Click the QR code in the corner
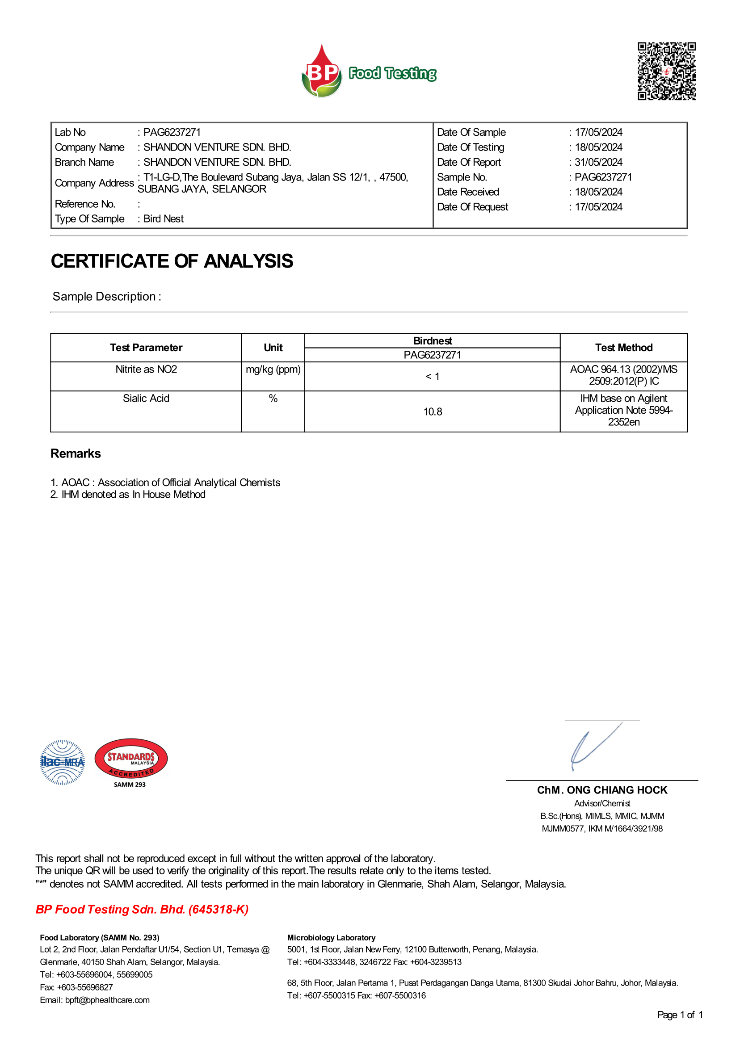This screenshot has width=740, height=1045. (x=666, y=71)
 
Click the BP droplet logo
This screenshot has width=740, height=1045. (x=322, y=72)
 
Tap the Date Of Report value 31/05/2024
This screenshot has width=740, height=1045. (x=598, y=162)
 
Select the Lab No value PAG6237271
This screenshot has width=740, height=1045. (x=172, y=132)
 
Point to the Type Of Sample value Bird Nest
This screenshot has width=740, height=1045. (x=163, y=218)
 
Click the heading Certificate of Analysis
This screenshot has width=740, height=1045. (x=172, y=261)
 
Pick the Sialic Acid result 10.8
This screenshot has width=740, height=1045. (x=433, y=412)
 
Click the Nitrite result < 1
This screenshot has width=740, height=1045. (x=433, y=377)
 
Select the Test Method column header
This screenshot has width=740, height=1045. (x=623, y=348)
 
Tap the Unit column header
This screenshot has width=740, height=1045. (x=273, y=348)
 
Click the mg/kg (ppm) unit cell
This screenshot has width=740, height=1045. (x=273, y=369)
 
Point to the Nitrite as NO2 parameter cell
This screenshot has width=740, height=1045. (x=146, y=369)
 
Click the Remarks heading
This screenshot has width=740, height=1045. (x=76, y=453)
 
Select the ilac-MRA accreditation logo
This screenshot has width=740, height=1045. (x=63, y=762)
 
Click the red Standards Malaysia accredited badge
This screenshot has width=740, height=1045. (x=131, y=760)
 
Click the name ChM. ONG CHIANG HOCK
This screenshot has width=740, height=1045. (x=602, y=790)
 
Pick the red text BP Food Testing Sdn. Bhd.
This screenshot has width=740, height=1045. (x=142, y=909)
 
